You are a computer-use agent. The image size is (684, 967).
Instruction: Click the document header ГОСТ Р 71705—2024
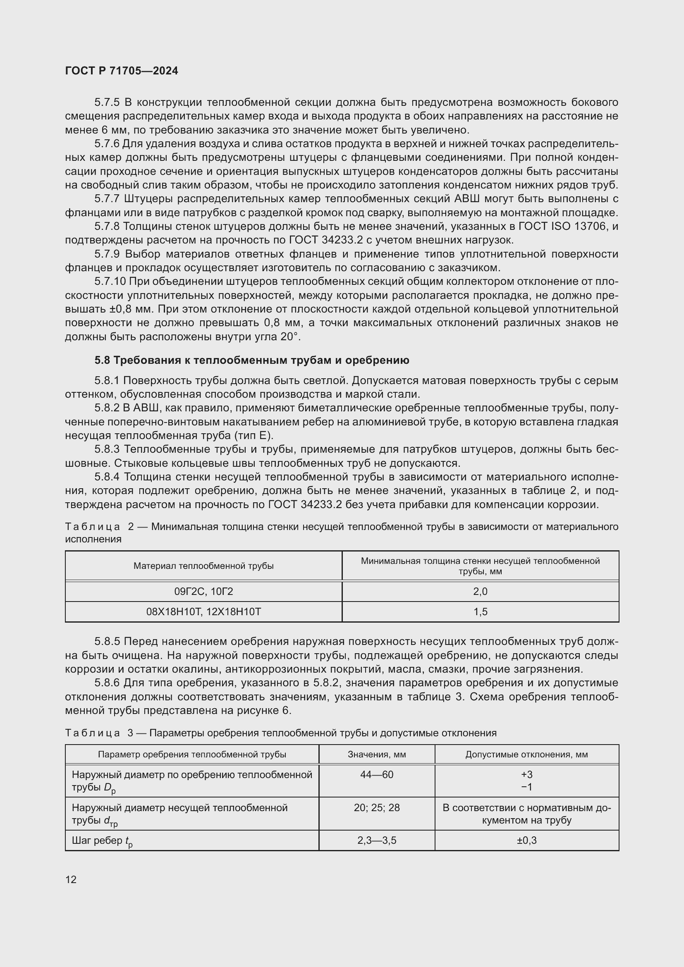122,71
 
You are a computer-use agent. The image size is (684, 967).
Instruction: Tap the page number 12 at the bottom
71,879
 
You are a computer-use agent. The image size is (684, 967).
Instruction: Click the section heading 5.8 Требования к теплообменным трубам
251,360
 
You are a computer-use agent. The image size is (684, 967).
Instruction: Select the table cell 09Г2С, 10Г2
203,591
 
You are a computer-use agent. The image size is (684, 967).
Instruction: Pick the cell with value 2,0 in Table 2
480,591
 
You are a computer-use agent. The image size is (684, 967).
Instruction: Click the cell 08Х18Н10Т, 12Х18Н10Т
203,611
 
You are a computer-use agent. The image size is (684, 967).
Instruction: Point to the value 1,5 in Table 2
480,611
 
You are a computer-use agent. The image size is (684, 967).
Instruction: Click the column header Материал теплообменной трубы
203,566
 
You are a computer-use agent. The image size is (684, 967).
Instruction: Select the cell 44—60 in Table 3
377,774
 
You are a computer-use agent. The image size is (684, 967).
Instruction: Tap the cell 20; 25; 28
377,807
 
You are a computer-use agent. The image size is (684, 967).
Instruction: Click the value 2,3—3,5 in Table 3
377,840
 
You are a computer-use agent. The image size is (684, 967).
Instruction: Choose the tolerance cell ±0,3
526,840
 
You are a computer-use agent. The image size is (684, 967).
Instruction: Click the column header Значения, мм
377,754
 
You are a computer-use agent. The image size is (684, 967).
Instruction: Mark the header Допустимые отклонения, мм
526,754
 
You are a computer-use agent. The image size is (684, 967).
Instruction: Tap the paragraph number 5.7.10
110,282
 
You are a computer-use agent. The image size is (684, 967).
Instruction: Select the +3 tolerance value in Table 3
526,774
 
